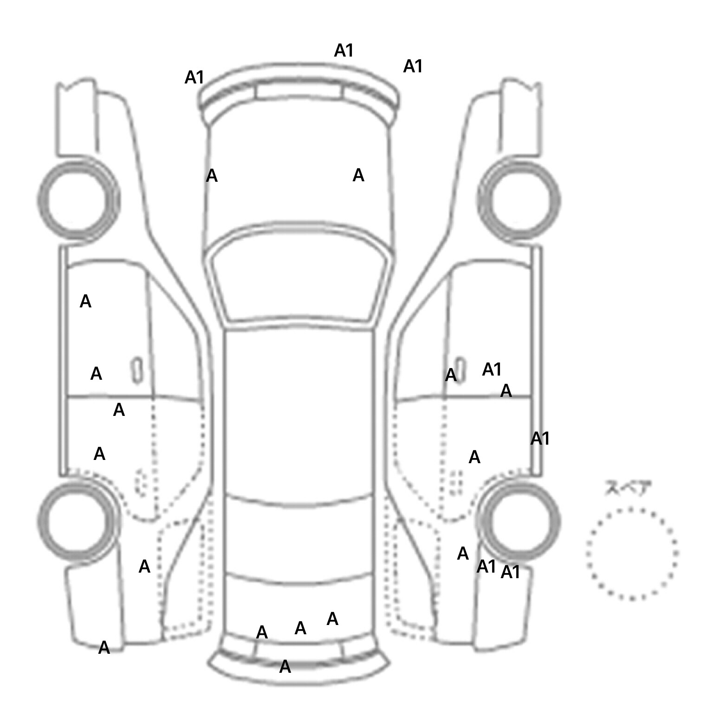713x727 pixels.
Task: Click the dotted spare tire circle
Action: [x=632, y=554]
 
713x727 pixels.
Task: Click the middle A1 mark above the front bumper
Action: [x=344, y=51]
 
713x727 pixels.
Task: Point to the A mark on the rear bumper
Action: [x=285, y=667]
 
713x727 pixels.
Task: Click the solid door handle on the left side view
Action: [x=137, y=370]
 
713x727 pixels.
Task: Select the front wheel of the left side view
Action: [x=78, y=200]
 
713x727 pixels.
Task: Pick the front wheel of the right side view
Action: [x=519, y=200]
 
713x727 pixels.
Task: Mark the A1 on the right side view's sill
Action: [x=540, y=438]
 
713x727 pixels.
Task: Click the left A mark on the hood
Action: [x=212, y=176]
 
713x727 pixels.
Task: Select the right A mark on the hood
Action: [x=358, y=175]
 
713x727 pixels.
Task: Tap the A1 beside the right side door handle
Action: [x=492, y=370]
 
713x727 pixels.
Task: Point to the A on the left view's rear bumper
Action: [x=104, y=648]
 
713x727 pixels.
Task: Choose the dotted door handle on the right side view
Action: [x=456, y=482]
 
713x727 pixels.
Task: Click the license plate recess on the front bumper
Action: [x=299, y=91]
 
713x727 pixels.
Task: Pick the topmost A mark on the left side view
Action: [x=85, y=302]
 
